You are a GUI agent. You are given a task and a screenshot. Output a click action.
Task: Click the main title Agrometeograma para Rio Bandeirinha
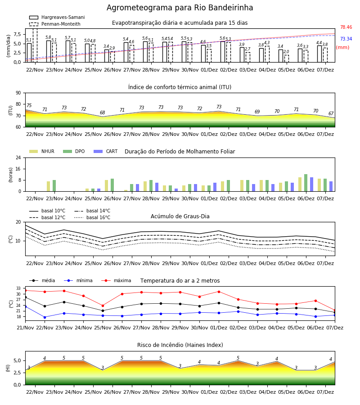click(x=180, y=8)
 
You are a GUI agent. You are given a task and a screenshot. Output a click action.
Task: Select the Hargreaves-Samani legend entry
click(x=57, y=17)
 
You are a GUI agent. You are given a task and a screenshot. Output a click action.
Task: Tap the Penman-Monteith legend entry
click(x=55, y=24)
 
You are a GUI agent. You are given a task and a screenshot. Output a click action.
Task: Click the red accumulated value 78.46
click(x=346, y=27)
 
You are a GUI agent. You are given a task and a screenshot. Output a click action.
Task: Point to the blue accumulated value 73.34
click(x=346, y=39)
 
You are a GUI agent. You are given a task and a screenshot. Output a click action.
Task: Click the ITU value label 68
click(x=103, y=112)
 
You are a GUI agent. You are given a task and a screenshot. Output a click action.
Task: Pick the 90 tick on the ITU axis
click(x=18, y=93)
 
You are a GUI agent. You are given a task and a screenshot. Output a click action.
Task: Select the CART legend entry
click(x=106, y=151)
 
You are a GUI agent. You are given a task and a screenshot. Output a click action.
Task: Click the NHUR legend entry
click(x=42, y=151)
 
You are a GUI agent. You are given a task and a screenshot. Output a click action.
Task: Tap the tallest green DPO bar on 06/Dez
click(x=306, y=183)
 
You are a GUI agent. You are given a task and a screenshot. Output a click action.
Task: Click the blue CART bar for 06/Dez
click(x=311, y=184)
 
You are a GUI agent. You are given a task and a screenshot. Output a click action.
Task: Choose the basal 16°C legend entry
click(x=92, y=217)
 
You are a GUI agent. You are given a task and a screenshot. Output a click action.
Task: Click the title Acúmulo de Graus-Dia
click(x=180, y=216)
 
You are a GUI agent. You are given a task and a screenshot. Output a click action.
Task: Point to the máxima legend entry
click(x=116, y=280)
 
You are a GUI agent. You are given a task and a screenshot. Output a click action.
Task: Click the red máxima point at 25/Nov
click(x=103, y=306)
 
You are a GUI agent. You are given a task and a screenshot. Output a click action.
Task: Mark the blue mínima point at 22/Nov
click(x=45, y=317)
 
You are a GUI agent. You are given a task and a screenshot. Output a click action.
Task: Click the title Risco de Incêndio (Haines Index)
click(x=180, y=345)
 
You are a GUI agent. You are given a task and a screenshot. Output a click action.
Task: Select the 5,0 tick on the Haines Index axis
click(x=17, y=361)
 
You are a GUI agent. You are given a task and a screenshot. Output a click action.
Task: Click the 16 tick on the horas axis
click(x=18, y=169)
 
